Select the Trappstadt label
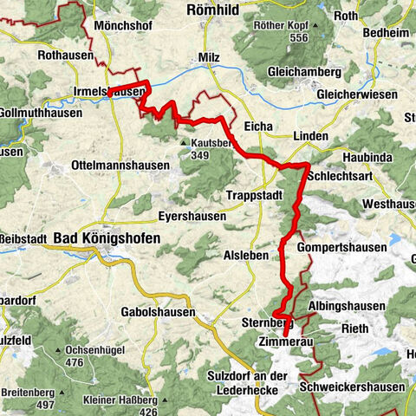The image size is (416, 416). click(254, 195)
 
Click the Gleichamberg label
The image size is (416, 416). click(289, 72)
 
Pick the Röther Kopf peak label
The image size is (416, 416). click(281, 25)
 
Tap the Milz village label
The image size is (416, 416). click(209, 56)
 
